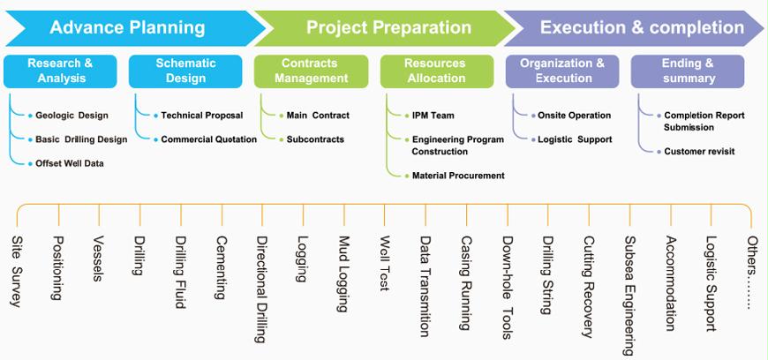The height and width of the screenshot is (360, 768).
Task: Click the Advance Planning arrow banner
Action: [x=127, y=27]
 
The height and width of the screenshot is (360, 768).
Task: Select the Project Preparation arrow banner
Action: [x=388, y=27]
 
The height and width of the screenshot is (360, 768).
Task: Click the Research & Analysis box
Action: [x=60, y=71]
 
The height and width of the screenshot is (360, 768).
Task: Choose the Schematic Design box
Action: [x=185, y=71]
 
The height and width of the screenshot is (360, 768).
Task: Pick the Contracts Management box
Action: [x=311, y=71]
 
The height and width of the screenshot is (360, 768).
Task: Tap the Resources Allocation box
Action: [x=436, y=71]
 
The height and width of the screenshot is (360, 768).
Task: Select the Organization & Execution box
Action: [x=562, y=71]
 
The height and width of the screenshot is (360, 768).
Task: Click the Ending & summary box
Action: [x=688, y=71]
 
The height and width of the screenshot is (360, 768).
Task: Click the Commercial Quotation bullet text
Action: [x=208, y=139]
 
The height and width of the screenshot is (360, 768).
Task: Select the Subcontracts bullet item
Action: [x=315, y=139]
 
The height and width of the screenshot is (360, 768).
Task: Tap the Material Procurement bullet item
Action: [x=458, y=176]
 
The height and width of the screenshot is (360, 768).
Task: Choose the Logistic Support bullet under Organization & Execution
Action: [x=575, y=139]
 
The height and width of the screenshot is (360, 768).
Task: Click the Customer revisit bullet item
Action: [x=699, y=152]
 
